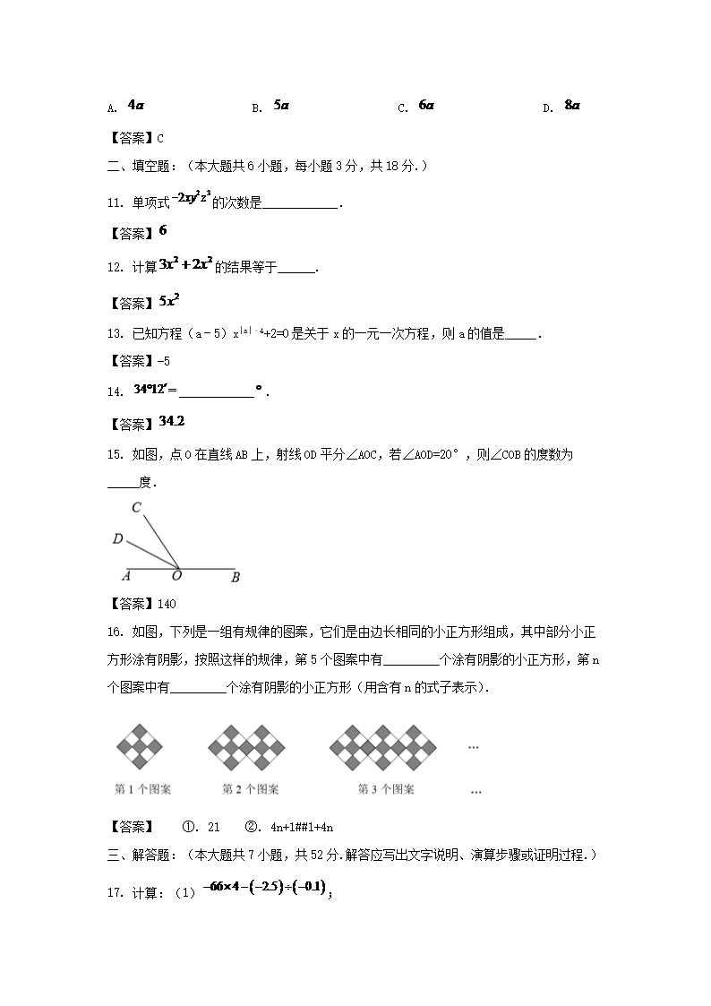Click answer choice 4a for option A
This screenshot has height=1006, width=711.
click(136, 105)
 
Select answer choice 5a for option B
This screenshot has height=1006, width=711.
click(281, 105)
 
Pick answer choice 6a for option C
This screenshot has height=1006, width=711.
click(426, 105)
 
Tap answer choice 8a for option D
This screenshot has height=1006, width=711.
click(572, 105)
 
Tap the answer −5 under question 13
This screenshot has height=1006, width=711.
click(165, 361)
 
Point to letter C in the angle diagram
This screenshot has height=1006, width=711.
click(136, 508)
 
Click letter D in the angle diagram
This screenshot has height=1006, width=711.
click(117, 539)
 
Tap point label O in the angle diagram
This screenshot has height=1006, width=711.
click(176, 576)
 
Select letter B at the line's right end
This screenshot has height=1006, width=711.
click(236, 578)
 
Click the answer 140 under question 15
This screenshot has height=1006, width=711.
click(167, 604)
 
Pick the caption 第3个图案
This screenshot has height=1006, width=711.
click(386, 789)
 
